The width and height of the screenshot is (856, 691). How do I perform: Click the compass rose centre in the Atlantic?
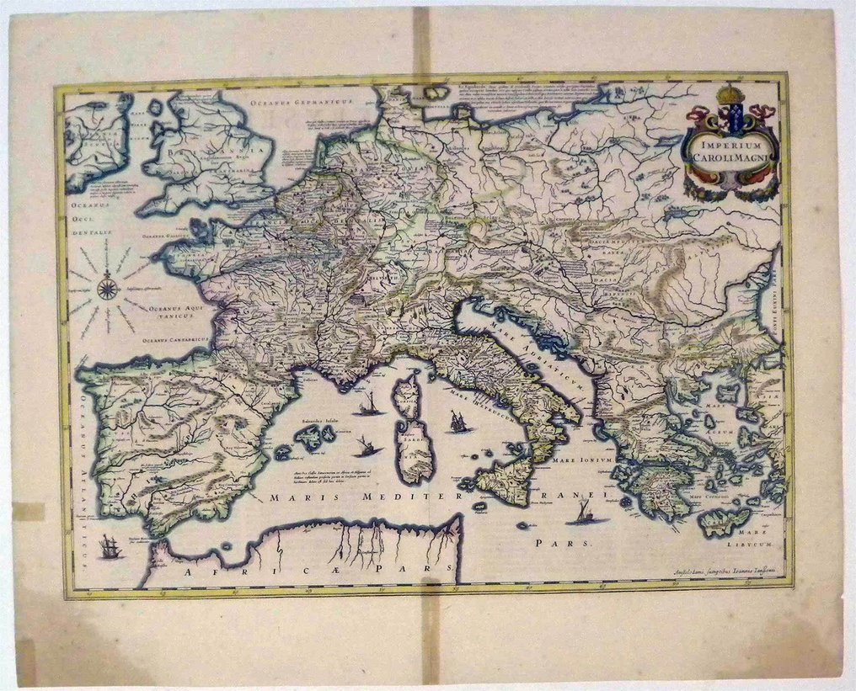click(108, 288)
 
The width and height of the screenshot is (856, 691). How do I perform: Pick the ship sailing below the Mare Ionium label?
click(584, 513)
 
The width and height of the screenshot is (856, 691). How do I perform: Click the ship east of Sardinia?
click(458, 422)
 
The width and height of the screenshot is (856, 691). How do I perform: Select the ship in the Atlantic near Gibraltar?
click(110, 547)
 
